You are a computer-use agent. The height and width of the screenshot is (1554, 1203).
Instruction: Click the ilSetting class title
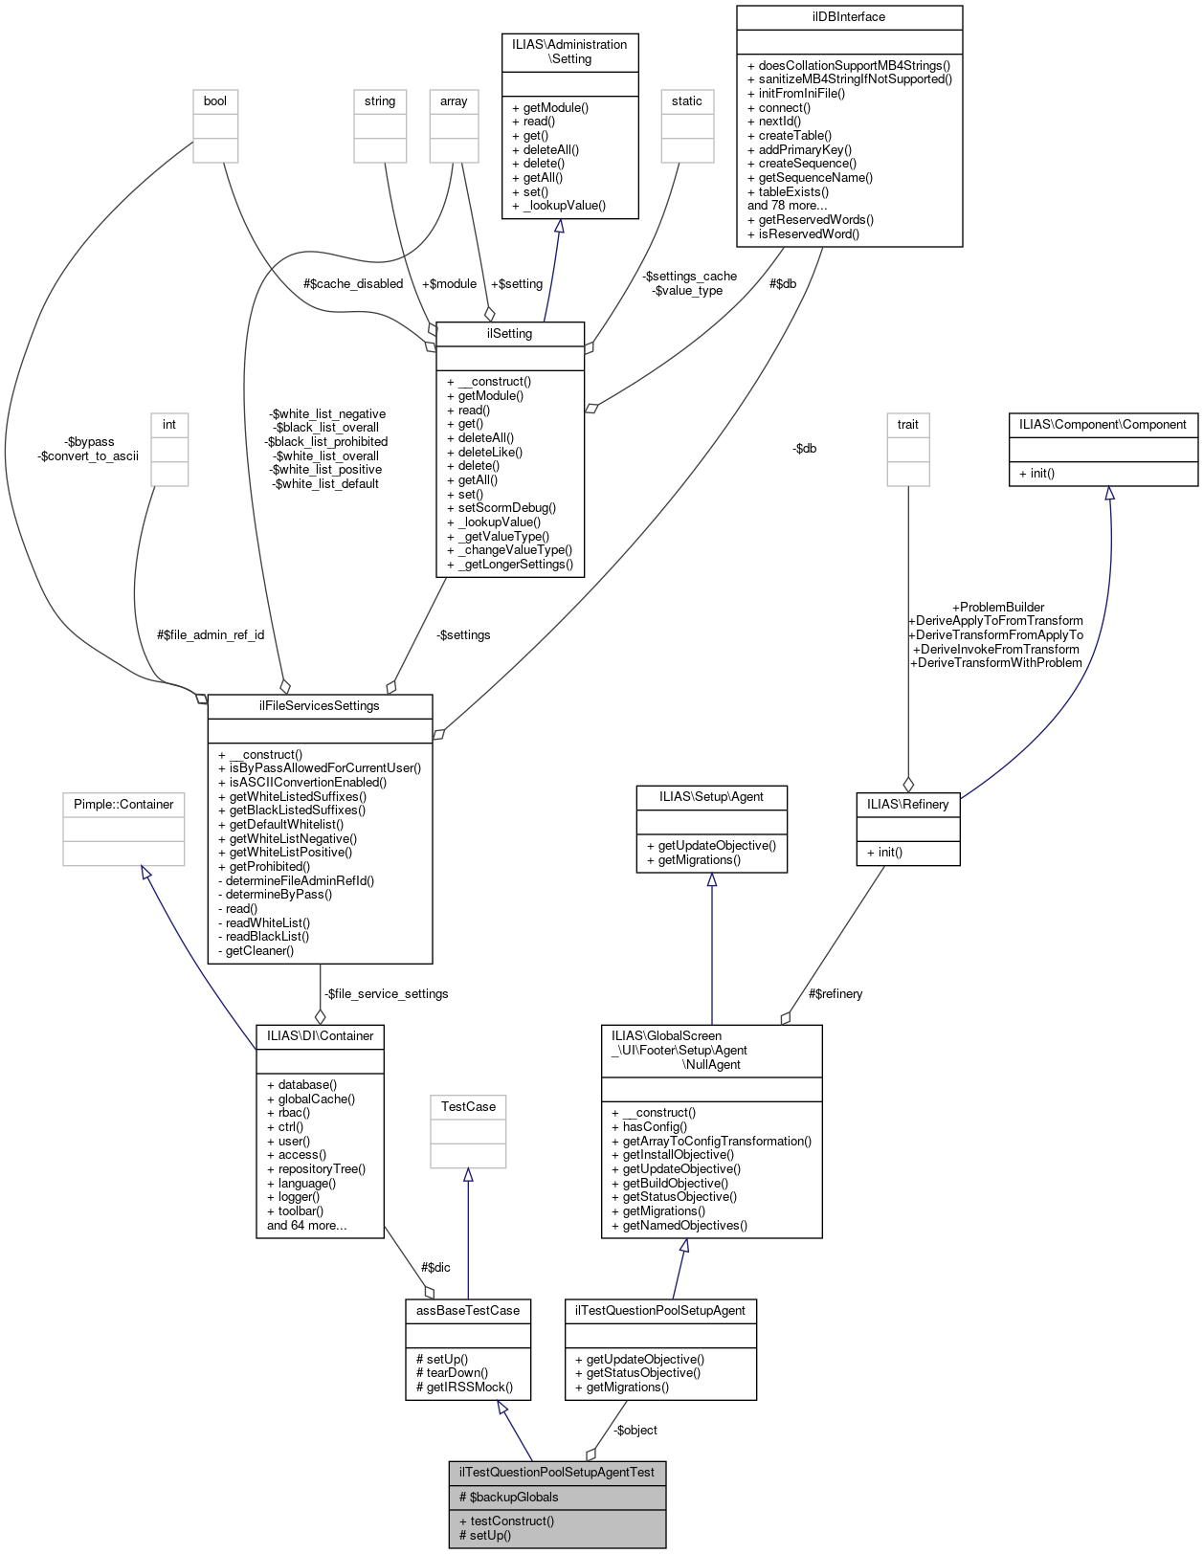[509, 334]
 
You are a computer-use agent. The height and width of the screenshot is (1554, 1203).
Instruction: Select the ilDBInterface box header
[848, 17]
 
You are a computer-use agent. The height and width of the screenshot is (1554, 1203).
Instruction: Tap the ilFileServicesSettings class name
[319, 706]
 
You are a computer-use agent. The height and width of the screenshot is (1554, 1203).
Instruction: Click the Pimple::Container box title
[123, 805]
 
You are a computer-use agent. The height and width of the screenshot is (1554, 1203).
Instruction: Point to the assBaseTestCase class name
[467, 1311]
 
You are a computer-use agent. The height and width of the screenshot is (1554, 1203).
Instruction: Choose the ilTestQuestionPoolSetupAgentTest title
[556, 1473]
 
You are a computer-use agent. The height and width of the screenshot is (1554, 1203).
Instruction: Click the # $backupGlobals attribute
[508, 1498]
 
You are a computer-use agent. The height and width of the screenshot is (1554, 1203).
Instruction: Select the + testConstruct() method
[506, 1521]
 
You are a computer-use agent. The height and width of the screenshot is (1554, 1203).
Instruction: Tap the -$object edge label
[635, 1431]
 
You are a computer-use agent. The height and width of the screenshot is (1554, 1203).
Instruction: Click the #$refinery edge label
[835, 994]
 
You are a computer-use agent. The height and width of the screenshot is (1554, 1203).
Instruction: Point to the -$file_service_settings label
[386, 994]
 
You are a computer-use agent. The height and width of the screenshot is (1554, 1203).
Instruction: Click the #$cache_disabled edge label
[352, 284]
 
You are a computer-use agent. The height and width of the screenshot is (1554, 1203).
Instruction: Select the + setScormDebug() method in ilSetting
[501, 508]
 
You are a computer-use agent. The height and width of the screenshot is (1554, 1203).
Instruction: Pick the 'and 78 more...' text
[787, 206]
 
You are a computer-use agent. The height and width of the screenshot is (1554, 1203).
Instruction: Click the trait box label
[907, 425]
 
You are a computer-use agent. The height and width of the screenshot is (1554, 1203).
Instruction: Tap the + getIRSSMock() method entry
[464, 1387]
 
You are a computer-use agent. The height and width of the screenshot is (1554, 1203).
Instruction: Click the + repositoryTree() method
[316, 1169]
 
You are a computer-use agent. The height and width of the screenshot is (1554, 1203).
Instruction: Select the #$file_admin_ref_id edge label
[211, 635]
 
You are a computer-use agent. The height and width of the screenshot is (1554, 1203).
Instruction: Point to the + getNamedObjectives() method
[679, 1226]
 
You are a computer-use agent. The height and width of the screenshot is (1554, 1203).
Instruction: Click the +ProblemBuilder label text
[997, 608]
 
